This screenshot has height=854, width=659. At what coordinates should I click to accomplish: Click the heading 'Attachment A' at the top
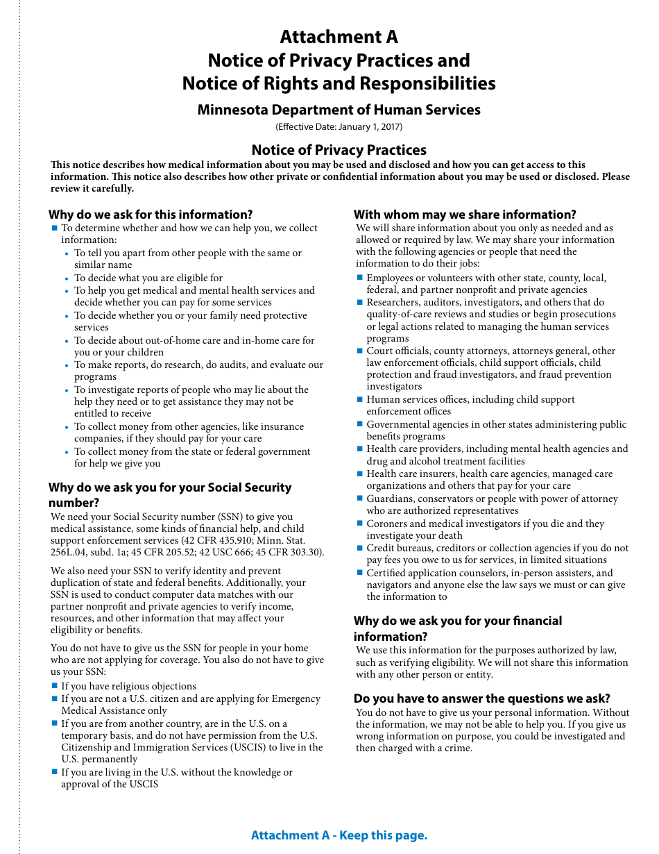point(339,37)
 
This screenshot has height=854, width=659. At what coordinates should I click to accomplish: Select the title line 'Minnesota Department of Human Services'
point(339,110)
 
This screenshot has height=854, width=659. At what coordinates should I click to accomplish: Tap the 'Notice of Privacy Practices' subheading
point(339,150)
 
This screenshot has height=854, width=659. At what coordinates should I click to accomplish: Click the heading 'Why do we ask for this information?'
point(151,215)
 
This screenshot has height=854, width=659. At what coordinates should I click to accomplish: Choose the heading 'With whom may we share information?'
point(465,215)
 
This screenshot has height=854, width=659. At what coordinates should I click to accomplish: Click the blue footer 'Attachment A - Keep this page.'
point(339,835)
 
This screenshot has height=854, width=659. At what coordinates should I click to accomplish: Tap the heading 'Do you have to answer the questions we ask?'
point(482,698)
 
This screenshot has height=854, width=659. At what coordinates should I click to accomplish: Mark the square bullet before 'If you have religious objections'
point(55,686)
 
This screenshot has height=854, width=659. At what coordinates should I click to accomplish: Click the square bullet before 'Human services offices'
point(360,399)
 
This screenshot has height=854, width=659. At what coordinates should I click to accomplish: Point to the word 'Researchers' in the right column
point(393,302)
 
